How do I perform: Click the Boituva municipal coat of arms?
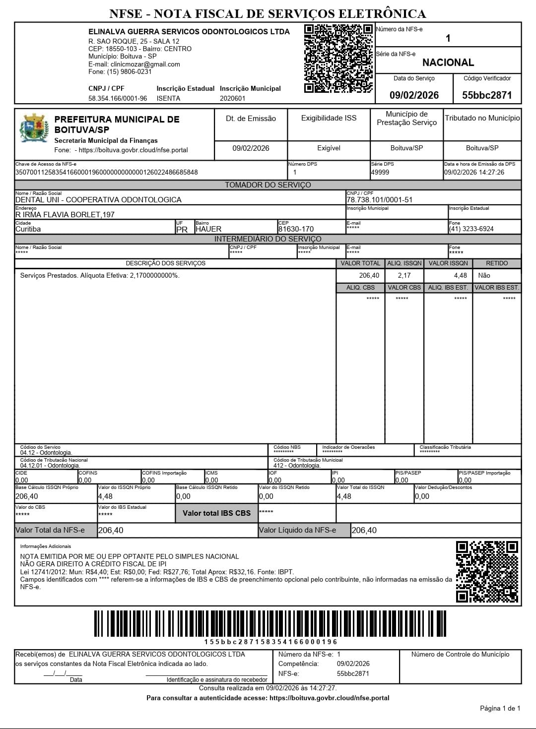click(34, 128)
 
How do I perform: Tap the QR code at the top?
click(338, 59)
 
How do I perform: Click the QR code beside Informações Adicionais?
click(486, 571)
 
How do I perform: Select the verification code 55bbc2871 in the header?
click(486, 95)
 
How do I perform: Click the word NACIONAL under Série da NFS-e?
click(448, 62)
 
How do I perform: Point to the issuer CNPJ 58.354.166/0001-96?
click(118, 98)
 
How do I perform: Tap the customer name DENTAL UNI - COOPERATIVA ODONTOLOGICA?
click(98, 200)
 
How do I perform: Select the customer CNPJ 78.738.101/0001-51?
click(379, 200)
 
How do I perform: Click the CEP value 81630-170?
click(296, 229)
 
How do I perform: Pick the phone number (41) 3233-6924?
click(471, 229)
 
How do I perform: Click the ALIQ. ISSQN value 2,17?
click(404, 275)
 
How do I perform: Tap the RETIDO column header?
click(496, 263)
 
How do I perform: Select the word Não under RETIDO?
click(484, 275)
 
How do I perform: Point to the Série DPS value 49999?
click(380, 172)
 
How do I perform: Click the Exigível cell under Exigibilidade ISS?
click(329, 148)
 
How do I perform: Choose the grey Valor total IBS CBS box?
click(216, 513)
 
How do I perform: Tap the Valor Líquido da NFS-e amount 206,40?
click(364, 530)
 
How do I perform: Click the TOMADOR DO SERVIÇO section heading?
click(268, 185)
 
